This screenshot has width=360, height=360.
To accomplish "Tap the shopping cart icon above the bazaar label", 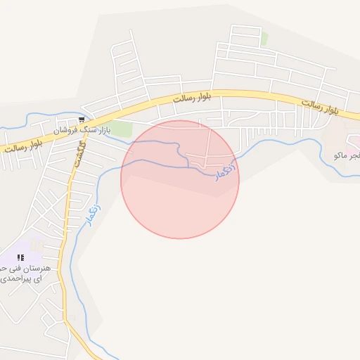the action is (x=82, y=120).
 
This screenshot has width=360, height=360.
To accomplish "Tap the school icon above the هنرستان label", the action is (x=20, y=257).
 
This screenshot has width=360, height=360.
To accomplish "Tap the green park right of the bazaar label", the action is (x=120, y=129).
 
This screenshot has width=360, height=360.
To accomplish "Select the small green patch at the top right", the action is (x=264, y=39).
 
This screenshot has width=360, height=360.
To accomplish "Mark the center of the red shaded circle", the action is (x=180, y=179).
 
